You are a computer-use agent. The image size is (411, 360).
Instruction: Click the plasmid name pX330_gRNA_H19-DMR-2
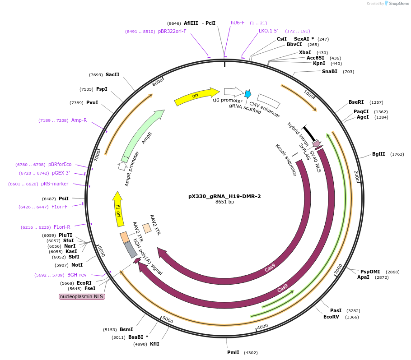point(224,196)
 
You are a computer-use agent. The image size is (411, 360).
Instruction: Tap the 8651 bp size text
point(224,202)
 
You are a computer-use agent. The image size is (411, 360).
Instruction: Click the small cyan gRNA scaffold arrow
point(248,94)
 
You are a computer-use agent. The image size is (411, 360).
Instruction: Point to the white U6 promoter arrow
point(233,92)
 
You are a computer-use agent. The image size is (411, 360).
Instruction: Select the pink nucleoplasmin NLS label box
point(82,296)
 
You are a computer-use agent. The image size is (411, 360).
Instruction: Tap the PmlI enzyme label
point(234,352)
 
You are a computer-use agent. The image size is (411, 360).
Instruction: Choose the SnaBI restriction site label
point(329,71)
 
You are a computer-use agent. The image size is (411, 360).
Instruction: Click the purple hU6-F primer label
point(238,23)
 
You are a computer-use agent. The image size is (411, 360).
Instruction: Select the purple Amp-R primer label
point(79,120)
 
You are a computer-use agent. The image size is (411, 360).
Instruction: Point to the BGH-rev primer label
point(77,274)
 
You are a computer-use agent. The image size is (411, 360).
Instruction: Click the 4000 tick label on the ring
point(262,326)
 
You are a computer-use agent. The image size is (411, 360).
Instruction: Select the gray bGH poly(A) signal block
point(131,249)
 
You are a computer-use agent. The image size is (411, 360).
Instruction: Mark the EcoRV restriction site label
point(331,317)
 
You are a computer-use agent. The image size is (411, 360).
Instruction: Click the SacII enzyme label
point(112,74)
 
